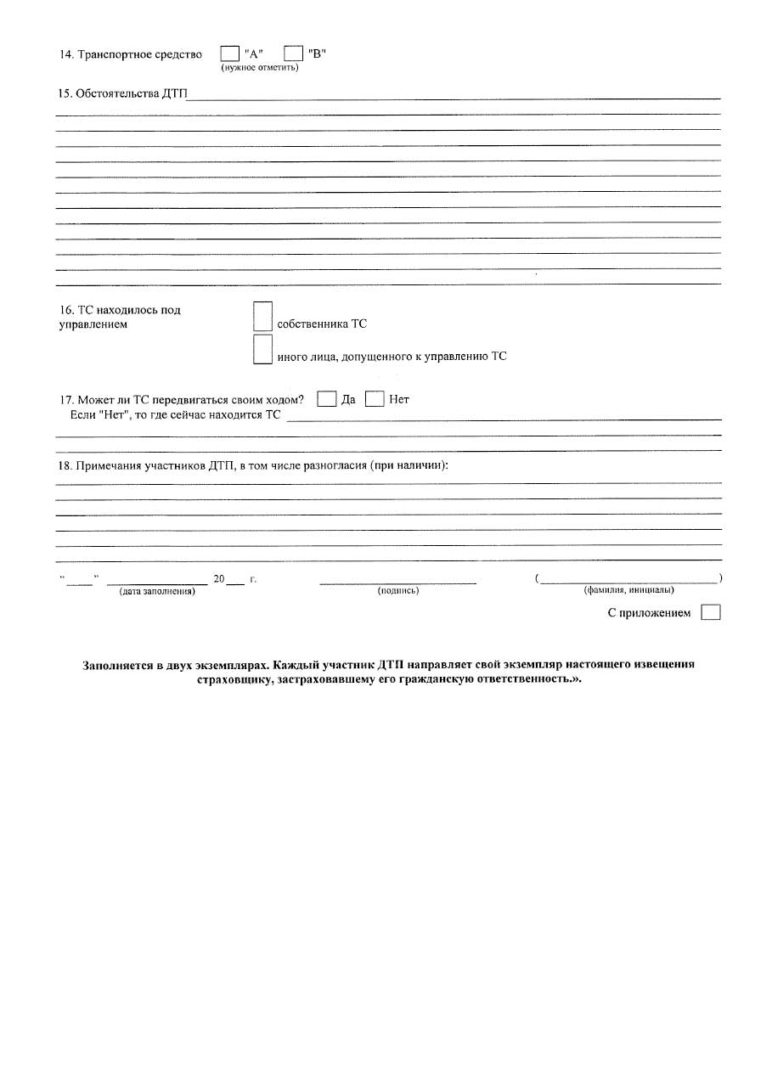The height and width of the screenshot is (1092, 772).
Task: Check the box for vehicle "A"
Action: click(229, 54)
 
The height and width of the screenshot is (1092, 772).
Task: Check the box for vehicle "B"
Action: click(293, 54)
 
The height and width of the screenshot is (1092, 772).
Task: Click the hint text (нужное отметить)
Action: click(259, 68)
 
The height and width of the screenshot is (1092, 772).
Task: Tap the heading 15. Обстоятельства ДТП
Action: click(121, 93)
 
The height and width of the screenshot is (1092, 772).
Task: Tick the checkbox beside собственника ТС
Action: click(263, 317)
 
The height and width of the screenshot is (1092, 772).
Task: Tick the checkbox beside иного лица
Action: click(263, 349)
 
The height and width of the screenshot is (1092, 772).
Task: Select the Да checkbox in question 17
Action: click(327, 399)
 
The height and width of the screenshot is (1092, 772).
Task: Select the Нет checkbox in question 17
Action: click(375, 399)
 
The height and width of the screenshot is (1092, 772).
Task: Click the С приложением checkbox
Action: click(711, 612)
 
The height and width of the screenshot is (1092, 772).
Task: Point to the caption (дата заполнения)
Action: click(157, 591)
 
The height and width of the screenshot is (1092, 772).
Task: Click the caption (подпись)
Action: click(397, 591)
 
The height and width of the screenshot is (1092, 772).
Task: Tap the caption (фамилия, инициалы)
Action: click(628, 590)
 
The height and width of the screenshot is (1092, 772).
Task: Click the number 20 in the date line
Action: click(219, 579)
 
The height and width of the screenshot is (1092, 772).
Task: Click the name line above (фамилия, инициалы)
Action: click(628, 582)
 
